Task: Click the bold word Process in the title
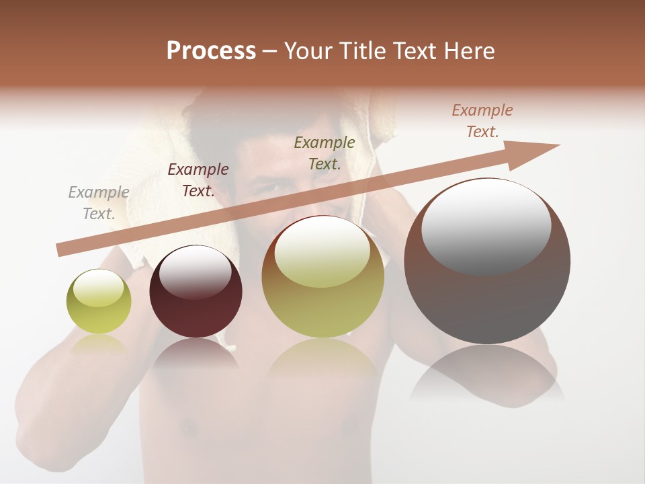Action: coord(211,51)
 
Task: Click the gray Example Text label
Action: coord(99,203)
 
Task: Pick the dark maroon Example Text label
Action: coord(198,180)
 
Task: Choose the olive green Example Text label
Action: coord(325,153)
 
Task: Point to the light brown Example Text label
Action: coord(482,121)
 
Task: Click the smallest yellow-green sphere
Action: coord(99,311)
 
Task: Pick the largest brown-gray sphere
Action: coord(487,296)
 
